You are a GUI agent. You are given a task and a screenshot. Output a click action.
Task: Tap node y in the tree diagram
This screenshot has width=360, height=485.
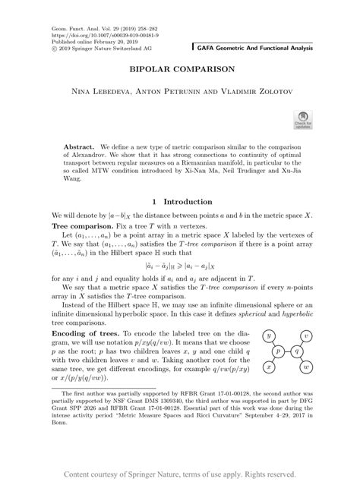pos(269,335)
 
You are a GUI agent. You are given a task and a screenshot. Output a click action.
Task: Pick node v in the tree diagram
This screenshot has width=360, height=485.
pos(305,335)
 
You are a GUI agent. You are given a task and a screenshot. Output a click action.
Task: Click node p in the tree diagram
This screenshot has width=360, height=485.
pos(278,351)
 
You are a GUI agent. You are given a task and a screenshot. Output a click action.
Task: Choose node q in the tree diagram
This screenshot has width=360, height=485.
pos(296,351)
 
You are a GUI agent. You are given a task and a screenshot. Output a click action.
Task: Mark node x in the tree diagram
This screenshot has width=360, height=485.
pos(269,367)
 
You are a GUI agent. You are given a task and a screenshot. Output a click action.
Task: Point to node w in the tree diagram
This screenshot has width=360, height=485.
pos(305,367)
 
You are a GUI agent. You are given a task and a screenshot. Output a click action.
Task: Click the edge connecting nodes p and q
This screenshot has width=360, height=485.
pos(287,351)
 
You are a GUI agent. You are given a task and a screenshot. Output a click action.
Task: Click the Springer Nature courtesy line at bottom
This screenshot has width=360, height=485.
pos(179,474)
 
